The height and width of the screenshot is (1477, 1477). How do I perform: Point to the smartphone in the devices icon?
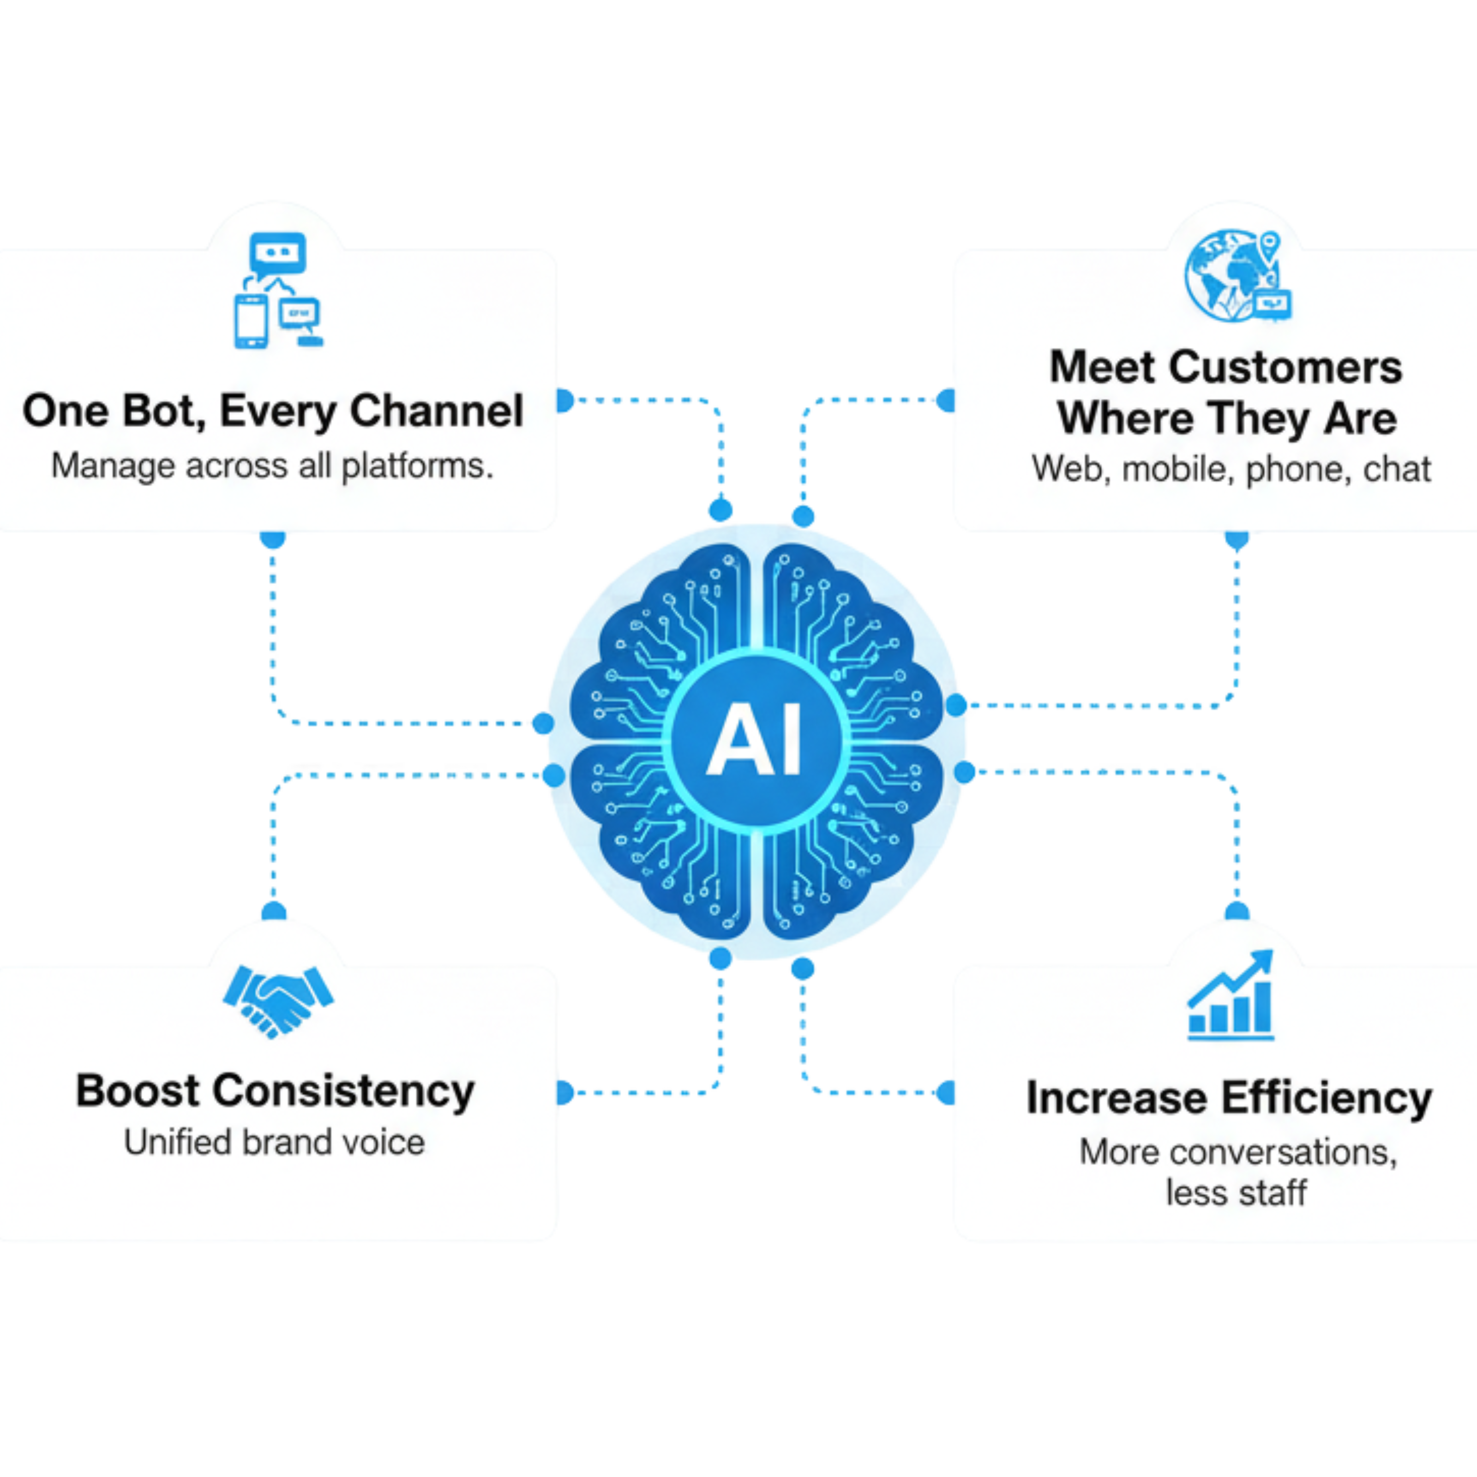251,321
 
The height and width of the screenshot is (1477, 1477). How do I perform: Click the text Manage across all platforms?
273,466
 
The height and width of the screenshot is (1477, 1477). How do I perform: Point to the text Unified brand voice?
275,1143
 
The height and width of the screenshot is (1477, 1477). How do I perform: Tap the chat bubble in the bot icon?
277,253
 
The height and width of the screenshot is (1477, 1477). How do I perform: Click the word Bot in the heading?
161,411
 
